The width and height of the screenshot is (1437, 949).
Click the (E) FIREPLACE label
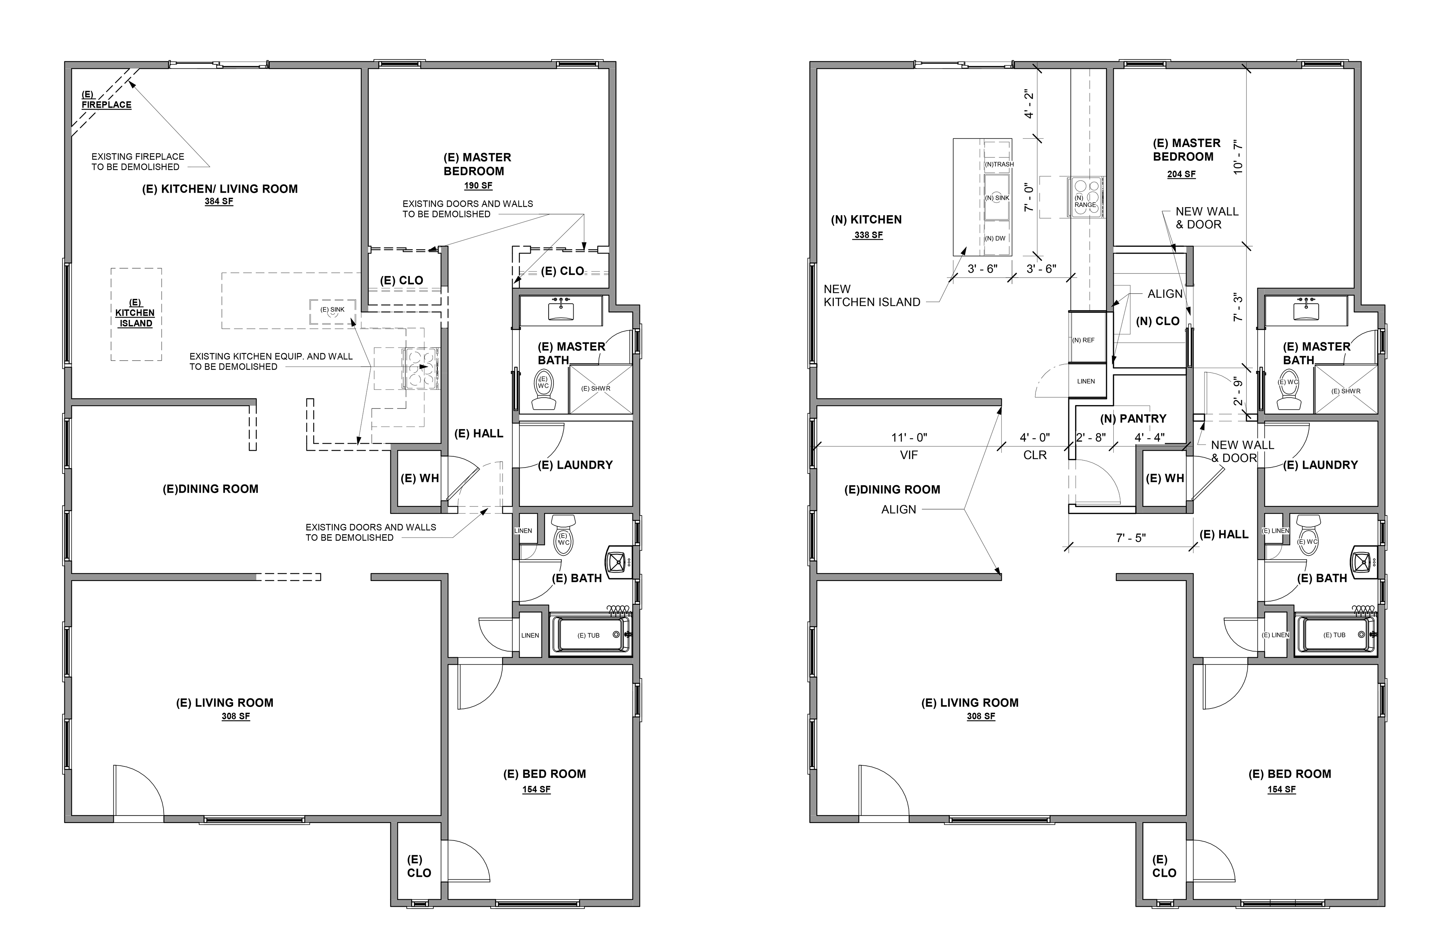(x=107, y=100)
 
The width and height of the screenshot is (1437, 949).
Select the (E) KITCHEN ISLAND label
(x=135, y=313)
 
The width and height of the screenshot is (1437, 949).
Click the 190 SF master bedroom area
(x=478, y=186)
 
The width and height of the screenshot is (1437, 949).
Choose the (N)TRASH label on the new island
(x=999, y=164)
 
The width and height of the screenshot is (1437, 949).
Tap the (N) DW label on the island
(x=995, y=238)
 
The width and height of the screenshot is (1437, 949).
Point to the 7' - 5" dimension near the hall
(x=1131, y=538)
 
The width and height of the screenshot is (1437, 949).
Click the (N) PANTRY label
(x=1133, y=419)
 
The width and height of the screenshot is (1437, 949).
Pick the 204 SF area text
(x=1181, y=174)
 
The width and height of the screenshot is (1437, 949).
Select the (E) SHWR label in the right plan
(x=1346, y=391)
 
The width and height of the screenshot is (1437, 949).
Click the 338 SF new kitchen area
(x=868, y=235)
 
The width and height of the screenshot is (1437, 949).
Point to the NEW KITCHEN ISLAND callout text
(x=872, y=296)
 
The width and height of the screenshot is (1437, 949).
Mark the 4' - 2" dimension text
(x=1029, y=104)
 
